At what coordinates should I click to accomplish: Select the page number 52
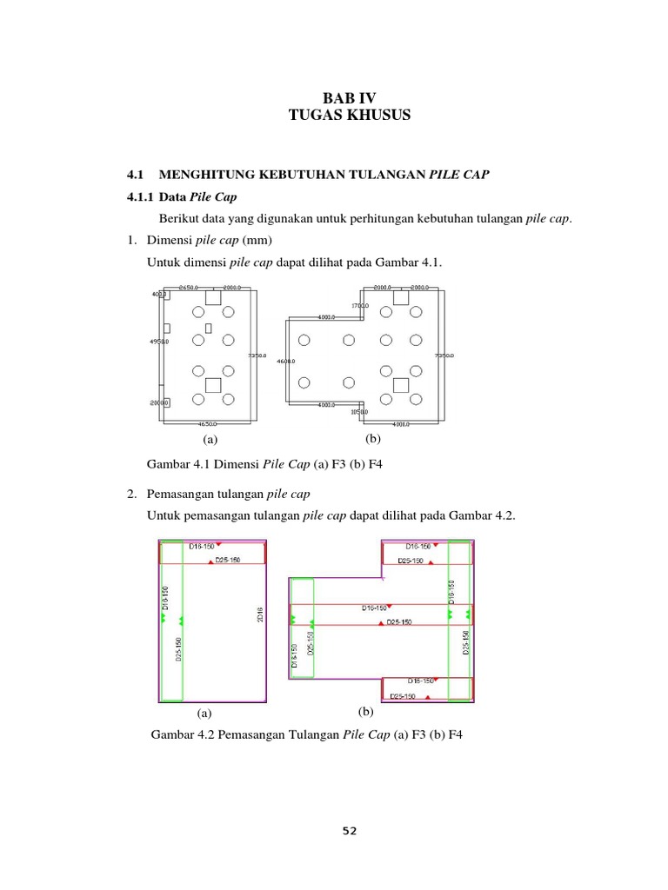(x=349, y=830)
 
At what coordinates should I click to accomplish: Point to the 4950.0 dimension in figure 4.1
(x=159, y=342)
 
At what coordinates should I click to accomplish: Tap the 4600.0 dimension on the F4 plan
(x=285, y=361)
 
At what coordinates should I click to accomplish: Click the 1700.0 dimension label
(x=359, y=306)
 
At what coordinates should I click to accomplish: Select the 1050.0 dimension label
(x=359, y=412)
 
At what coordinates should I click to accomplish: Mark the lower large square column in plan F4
(x=401, y=384)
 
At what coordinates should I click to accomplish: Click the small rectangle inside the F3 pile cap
(x=209, y=328)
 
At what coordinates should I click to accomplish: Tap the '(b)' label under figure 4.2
(x=365, y=712)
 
